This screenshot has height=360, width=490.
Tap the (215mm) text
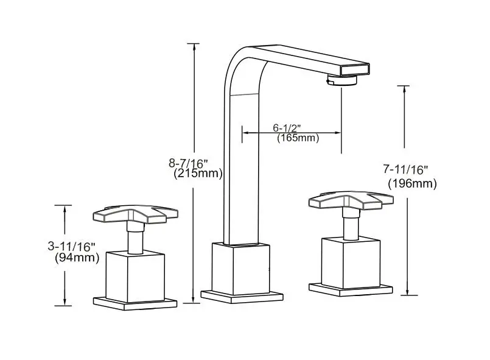pyautogui.click(x=198, y=174)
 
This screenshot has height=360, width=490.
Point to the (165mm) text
pyautogui.click(x=298, y=138)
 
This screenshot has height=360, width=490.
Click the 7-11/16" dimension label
pyautogui.click(x=406, y=171)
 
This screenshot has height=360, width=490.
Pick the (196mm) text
pyautogui.click(x=412, y=183)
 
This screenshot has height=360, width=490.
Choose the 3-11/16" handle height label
pyautogui.click(x=72, y=246)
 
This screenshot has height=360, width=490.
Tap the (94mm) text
pyautogui.click(x=77, y=257)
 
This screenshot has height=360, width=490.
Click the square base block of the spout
pyautogui.click(x=240, y=266)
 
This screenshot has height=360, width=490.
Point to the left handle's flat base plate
pyautogui.click(x=135, y=302)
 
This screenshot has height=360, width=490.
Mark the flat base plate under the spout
pyautogui.click(x=242, y=295)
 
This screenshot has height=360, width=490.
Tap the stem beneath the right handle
pyautogui.click(x=351, y=225)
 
